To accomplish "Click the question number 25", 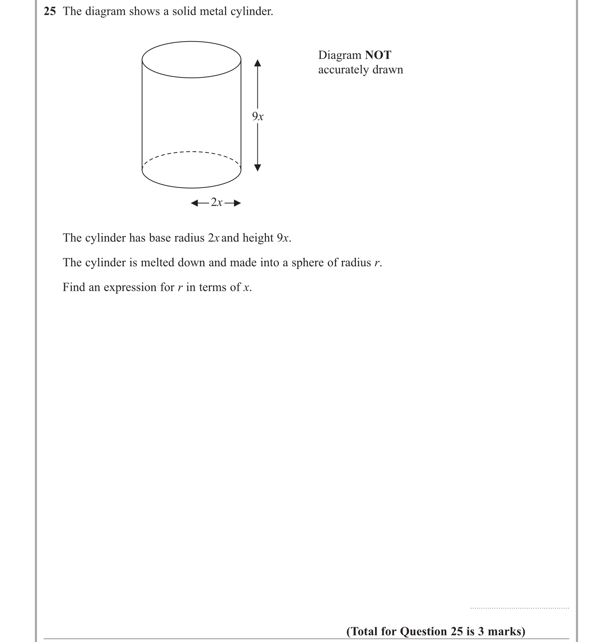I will coord(50,11).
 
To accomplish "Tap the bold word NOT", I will coord(378,55).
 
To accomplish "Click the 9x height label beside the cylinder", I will coord(258,116).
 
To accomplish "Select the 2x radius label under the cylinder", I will coord(217,203).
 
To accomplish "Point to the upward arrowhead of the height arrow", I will coord(257,63).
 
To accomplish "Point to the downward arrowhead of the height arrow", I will coord(257,168).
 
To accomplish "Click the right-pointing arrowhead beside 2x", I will coord(237,203).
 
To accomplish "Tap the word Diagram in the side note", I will coord(340,55).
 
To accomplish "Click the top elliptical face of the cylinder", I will coord(191,59).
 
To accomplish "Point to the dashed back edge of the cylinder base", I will coord(191,152).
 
